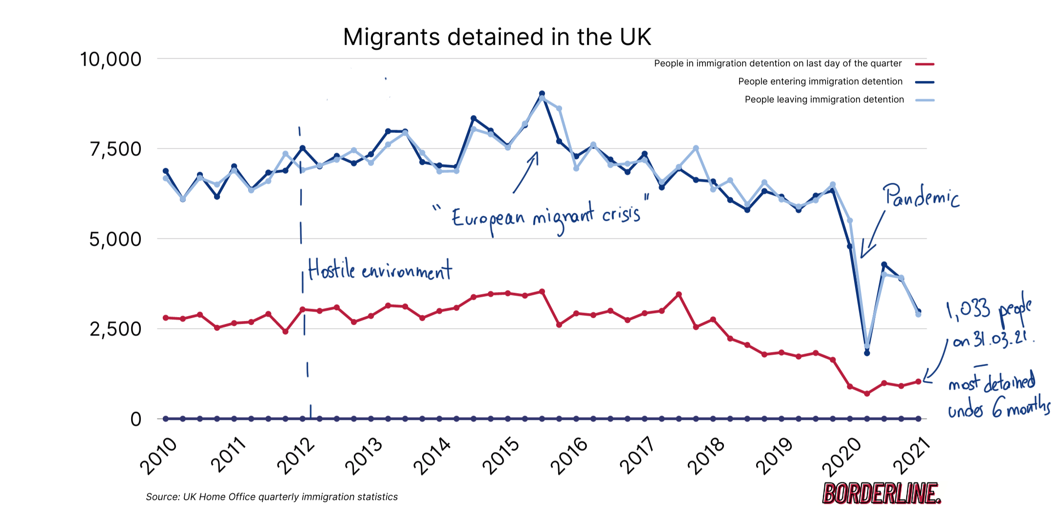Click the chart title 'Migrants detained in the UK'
tap(497, 37)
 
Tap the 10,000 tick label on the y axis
tap(111, 60)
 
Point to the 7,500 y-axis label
tap(116, 149)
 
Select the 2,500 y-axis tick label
tap(116, 329)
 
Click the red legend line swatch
tap(924, 64)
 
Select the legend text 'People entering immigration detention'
tap(820, 81)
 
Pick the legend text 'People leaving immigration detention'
tap(824, 100)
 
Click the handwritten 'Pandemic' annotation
tap(920, 196)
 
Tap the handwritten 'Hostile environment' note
tap(380, 270)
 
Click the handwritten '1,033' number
tap(968, 310)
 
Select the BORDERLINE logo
tap(881, 493)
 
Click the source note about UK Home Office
tap(272, 497)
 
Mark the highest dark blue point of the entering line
tap(542, 94)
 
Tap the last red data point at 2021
tap(918, 382)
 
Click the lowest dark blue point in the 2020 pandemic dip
tap(867, 353)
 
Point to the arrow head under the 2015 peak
tap(536, 153)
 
